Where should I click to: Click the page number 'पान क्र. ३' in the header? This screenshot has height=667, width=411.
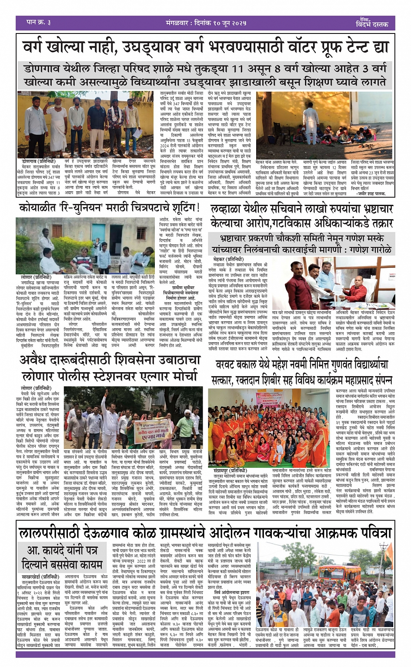[x=39, y=22]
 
